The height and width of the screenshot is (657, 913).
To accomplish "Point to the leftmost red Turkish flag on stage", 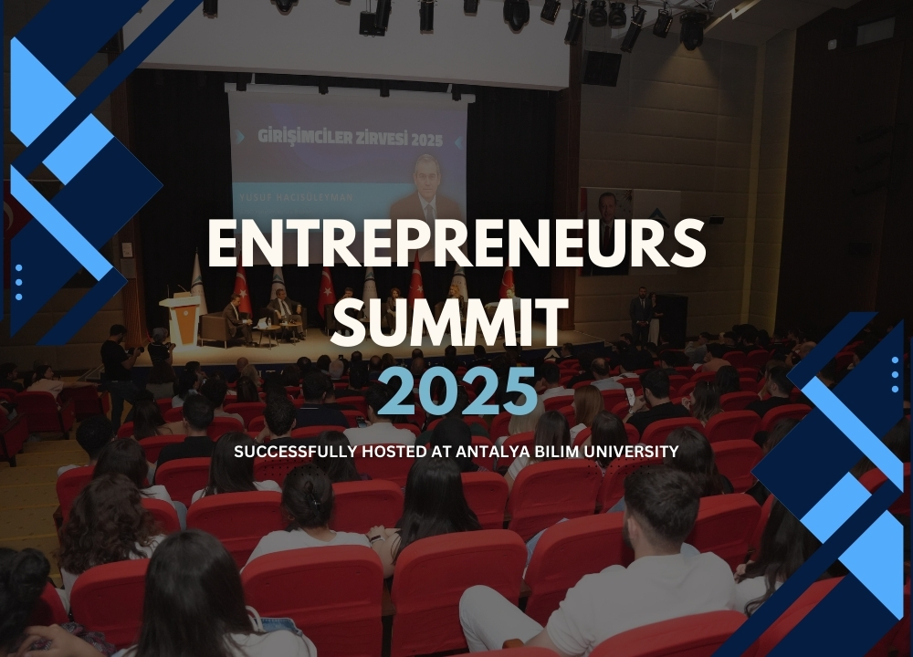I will point(242,290).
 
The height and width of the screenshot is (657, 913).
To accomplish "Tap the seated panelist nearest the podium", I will point(235,318).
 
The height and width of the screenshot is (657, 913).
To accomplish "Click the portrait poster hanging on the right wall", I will point(604,228).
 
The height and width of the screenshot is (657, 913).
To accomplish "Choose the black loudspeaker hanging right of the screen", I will point(602,68).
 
